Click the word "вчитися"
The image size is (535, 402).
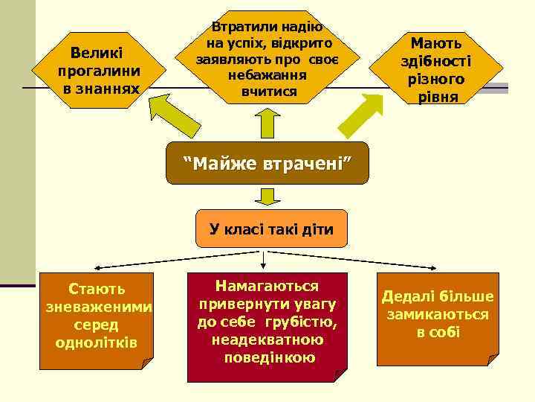pyautogui.click(x=268, y=92)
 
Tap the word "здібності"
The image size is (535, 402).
pyautogui.click(x=436, y=62)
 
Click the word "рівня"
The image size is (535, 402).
pyautogui.click(x=437, y=97)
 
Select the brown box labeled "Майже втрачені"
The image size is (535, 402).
pyautogui.click(x=267, y=163)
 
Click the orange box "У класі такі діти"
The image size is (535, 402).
pyautogui.click(x=271, y=229)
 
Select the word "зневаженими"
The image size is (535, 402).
pyautogui.click(x=97, y=307)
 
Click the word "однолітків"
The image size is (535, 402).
pyautogui.click(x=97, y=342)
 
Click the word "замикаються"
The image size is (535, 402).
pyautogui.click(x=437, y=314)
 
